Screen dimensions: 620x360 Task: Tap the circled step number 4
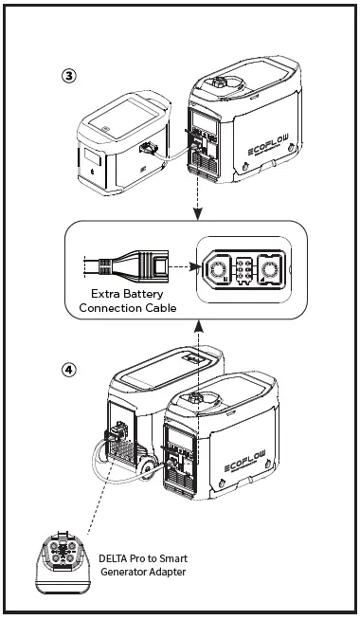[69, 370]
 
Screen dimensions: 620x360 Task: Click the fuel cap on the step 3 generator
[223, 84]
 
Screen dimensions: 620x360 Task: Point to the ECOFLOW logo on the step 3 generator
[278, 150]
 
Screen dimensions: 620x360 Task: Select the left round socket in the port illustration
[217, 271]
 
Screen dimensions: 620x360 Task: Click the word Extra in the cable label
[100, 293]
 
